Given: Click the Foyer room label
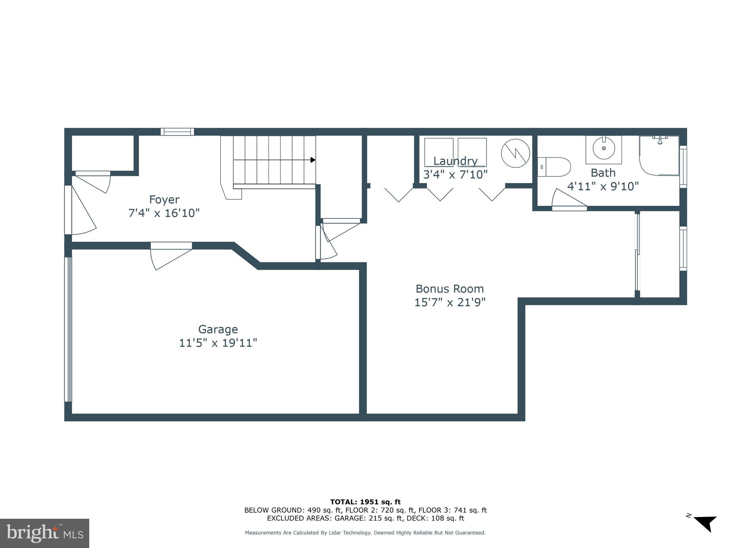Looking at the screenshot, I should point(164,199).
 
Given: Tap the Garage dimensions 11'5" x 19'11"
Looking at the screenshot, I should point(218,343).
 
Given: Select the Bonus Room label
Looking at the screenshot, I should point(449,289).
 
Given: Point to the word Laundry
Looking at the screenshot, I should point(455,161).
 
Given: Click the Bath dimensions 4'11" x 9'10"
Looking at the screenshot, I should point(603,186).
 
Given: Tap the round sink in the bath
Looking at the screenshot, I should point(604,148).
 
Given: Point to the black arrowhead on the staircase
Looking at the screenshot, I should point(313,160).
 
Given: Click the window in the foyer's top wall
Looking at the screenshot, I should point(177,132).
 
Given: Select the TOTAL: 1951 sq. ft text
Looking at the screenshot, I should point(365,502).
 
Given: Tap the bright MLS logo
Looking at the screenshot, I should point(45,533).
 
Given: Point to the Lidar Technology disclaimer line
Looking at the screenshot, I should point(365,533).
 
